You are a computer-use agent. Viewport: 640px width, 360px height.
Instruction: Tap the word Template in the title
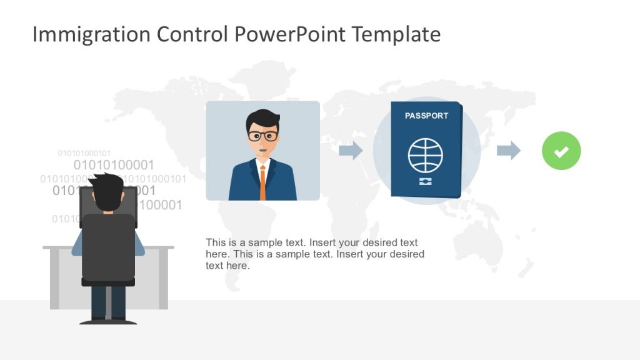[x=396, y=34]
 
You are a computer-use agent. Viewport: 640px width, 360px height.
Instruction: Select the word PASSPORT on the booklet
[x=426, y=116]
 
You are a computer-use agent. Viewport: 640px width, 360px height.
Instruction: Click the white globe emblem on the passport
[x=426, y=156]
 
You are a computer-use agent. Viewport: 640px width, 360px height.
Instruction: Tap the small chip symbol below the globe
[x=426, y=181]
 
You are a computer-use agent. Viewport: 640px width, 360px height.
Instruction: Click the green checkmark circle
[x=561, y=151]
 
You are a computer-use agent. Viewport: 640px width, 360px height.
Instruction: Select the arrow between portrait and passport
[x=351, y=150]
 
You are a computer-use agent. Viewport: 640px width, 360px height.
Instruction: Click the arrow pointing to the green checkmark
[x=508, y=150]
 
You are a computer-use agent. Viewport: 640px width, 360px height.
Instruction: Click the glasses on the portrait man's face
[x=262, y=136]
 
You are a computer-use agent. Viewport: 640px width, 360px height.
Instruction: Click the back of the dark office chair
[x=108, y=247]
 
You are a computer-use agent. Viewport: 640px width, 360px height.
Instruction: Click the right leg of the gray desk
[x=163, y=278]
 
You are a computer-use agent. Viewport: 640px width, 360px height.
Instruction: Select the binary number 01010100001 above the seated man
[x=114, y=165]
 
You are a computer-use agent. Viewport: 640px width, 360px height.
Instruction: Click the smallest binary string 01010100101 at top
[x=84, y=153]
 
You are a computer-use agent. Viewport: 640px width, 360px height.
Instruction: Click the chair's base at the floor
[x=108, y=321]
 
